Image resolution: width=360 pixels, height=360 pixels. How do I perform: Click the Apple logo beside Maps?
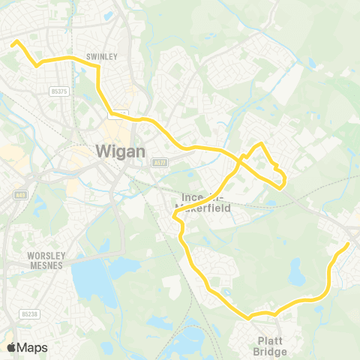11,347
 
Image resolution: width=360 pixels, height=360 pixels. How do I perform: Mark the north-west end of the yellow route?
13,42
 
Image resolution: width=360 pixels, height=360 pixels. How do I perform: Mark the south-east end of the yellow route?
349,244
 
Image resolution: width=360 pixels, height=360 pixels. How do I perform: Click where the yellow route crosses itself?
242,158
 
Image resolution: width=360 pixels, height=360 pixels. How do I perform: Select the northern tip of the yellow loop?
260,143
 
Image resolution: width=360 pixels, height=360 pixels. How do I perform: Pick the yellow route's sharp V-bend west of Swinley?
37,65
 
